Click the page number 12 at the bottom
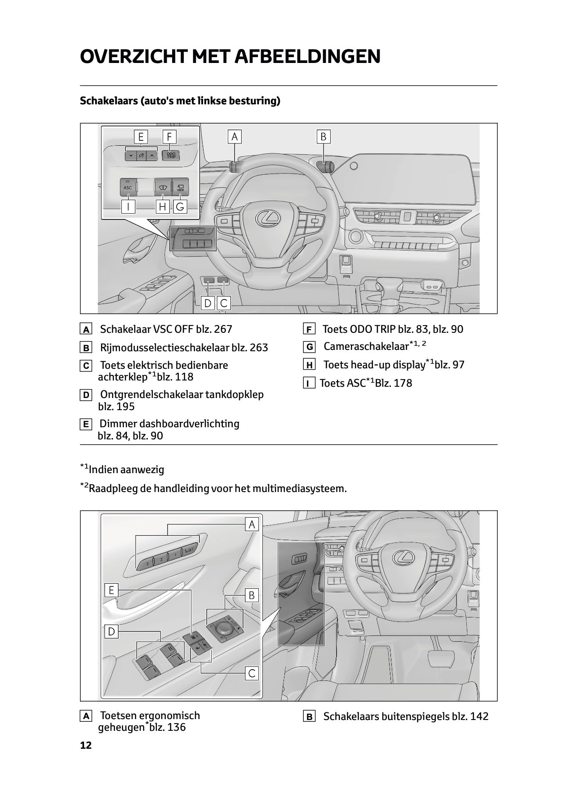(x=86, y=745)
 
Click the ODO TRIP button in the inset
(x=171, y=156)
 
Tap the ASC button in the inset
(x=128, y=187)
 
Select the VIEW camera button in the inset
(x=180, y=187)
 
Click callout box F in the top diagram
(x=169, y=137)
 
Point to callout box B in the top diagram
(x=323, y=136)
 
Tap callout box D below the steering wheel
(x=208, y=304)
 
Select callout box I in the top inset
(x=128, y=207)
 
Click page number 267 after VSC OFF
(x=223, y=329)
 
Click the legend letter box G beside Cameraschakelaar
(x=309, y=347)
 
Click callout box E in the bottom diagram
(x=111, y=590)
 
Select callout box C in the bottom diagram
(x=252, y=673)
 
